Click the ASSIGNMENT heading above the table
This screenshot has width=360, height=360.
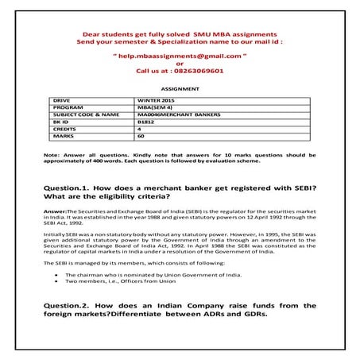tap(179, 90)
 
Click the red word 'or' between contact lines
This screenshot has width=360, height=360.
tap(180, 64)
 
